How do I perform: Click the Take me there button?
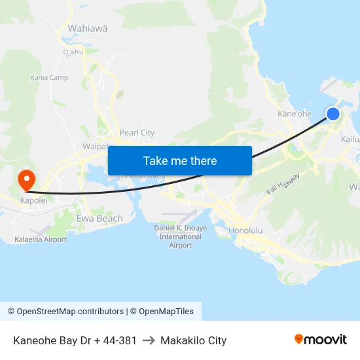179,160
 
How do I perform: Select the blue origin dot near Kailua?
333,114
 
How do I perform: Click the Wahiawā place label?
88,29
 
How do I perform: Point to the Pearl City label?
137,133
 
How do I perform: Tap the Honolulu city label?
245,230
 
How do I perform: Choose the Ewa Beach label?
99,219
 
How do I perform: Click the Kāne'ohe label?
295,114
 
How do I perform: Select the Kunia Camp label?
49,77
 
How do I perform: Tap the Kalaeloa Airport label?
41,240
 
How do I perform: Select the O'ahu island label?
73,52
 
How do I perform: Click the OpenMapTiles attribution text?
161,312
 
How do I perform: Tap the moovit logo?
320,340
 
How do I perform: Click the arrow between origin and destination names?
149,340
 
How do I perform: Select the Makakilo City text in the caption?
193,340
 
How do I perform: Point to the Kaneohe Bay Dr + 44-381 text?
75,340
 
